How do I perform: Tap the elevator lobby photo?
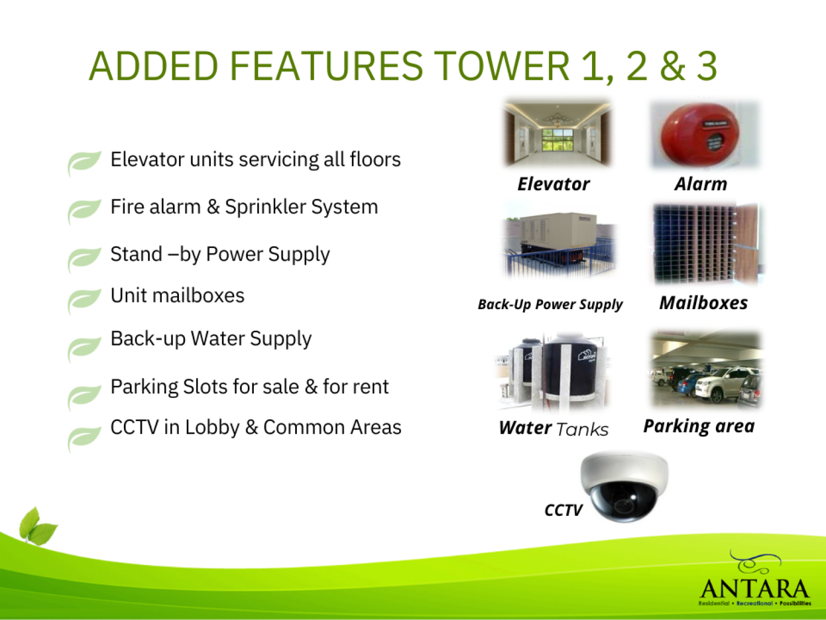[557, 134]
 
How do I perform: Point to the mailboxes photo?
[706, 243]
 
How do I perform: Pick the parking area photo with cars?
[706, 369]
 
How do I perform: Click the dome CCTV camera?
[624, 487]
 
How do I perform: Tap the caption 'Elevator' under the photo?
[553, 184]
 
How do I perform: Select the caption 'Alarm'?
[700, 184]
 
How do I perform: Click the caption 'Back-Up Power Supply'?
[550, 305]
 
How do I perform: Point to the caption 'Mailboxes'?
[703, 303]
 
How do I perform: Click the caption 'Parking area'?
[699, 426]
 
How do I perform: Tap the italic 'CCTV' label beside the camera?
[563, 510]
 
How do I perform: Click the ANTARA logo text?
[754, 589]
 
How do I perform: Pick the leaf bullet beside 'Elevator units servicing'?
[84, 163]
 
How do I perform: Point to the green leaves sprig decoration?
[37, 526]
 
